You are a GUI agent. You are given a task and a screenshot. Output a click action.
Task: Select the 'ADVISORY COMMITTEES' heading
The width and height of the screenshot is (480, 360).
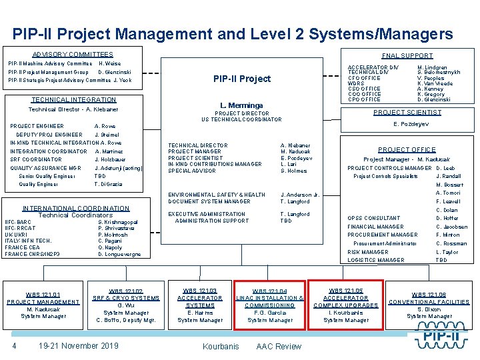click(73, 54)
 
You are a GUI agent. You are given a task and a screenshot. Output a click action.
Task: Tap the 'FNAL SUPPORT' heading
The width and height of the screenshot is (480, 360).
click(407, 56)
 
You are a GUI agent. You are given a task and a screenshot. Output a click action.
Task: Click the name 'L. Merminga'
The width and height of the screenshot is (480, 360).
click(241, 105)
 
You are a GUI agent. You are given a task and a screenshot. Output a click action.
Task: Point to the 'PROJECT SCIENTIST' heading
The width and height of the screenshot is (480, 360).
click(407, 113)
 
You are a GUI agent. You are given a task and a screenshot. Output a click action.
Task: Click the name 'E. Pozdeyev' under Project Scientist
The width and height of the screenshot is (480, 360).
click(411, 124)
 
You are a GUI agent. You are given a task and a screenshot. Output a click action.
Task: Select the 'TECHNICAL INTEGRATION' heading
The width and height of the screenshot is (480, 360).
click(73, 100)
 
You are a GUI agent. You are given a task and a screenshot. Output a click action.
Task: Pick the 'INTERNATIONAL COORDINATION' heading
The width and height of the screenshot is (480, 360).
click(76, 208)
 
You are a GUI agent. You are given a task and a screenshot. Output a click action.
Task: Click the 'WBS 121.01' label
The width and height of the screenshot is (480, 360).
click(43, 294)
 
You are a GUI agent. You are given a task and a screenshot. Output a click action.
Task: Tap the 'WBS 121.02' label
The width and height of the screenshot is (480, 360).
click(126, 291)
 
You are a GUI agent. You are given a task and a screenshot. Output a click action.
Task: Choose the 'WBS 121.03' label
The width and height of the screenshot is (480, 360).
click(200, 291)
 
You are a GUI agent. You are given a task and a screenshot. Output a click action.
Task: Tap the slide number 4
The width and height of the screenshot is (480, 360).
click(14, 345)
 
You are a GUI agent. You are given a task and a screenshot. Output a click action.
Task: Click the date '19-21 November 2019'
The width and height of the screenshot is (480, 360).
click(79, 345)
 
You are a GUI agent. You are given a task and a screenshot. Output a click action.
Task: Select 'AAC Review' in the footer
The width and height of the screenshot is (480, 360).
click(279, 346)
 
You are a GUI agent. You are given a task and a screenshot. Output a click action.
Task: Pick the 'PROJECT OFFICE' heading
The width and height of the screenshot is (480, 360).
click(407, 150)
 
